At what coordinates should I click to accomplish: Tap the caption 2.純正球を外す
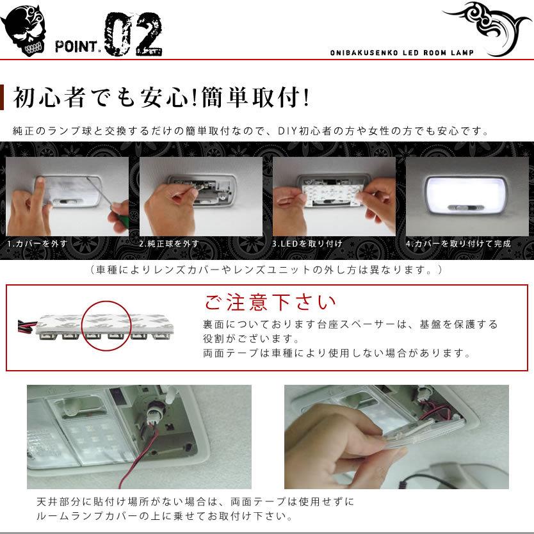pyautogui.click(x=169, y=244)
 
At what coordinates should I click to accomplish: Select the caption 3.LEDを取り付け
pyautogui.click(x=307, y=244)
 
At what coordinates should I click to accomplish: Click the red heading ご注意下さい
pyautogui.click(x=270, y=302)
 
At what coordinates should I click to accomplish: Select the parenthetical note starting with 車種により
pyautogui.click(x=266, y=270)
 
